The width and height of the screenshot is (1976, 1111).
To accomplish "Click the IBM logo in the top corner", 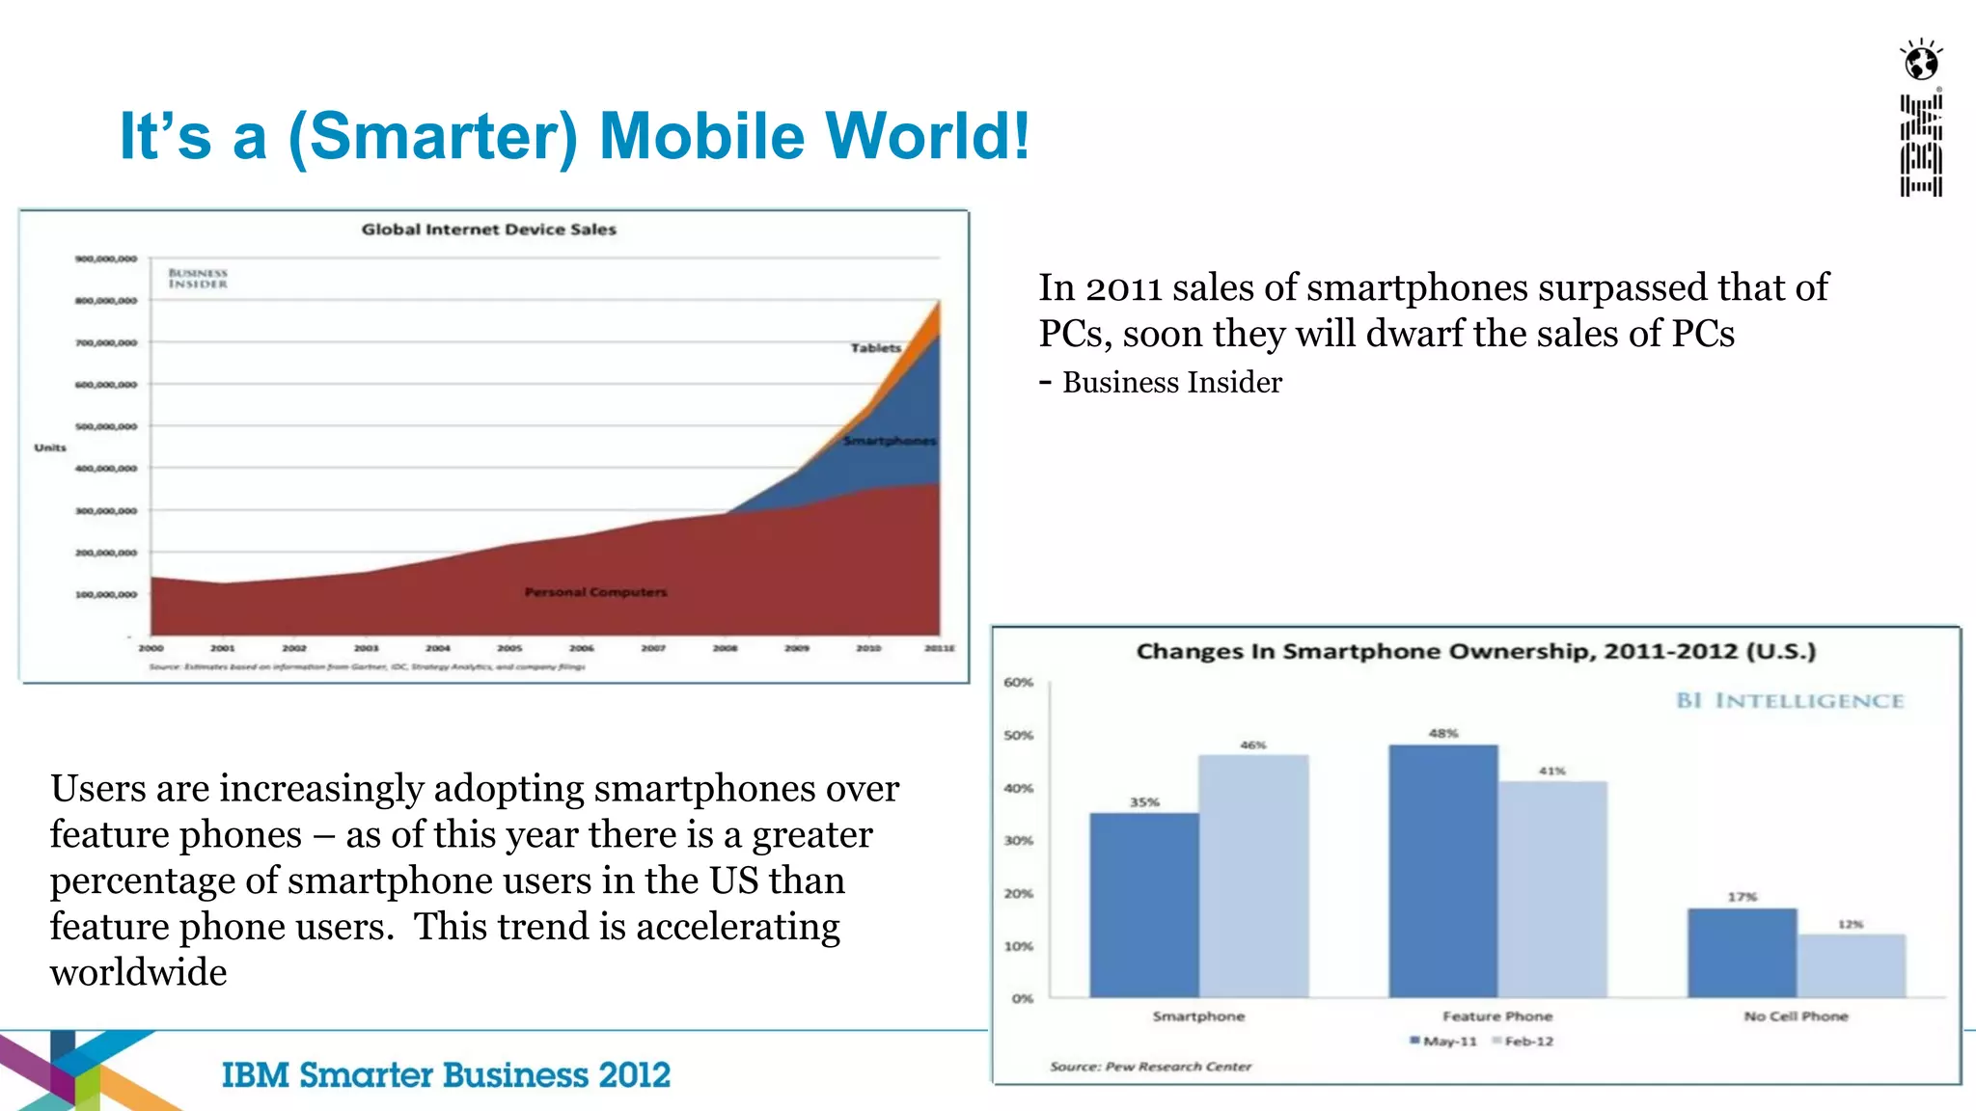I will coord(1921,146).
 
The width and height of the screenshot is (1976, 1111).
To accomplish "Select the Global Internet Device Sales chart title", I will coord(488,230).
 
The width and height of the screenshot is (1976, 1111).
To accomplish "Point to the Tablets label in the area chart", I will coord(875,348).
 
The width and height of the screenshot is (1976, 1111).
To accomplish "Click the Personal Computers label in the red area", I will coord(595,592).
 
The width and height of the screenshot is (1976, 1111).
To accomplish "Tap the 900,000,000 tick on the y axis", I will coord(106,258).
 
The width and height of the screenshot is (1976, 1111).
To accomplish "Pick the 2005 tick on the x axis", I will coord(509,648).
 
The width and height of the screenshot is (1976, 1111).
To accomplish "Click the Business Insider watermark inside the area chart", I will coord(198,279).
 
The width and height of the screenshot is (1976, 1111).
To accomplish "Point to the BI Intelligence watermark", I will coord(1790,701).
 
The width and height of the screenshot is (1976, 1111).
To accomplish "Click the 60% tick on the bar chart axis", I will coord(1018,683).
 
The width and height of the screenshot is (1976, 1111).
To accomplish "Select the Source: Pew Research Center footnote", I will coord(1150,1067).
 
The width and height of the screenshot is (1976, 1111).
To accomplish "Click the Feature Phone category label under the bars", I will coord(1497,1016).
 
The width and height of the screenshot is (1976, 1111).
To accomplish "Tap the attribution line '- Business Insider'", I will coord(1161,383).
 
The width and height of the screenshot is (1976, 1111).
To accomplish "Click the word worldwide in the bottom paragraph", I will coord(139,972).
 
